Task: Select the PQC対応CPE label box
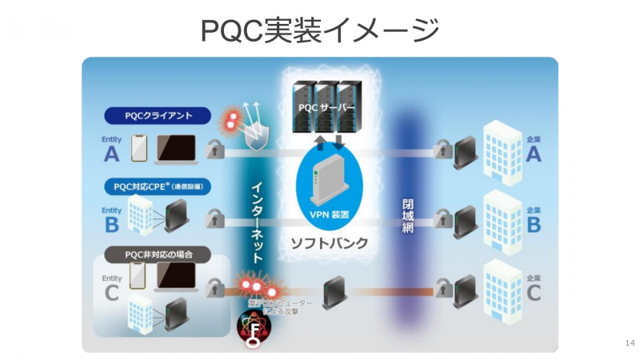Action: point(158,186)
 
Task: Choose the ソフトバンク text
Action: point(330,242)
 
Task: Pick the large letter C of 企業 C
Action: point(534,293)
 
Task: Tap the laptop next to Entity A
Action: point(178,148)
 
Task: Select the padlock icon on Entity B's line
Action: point(214,218)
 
